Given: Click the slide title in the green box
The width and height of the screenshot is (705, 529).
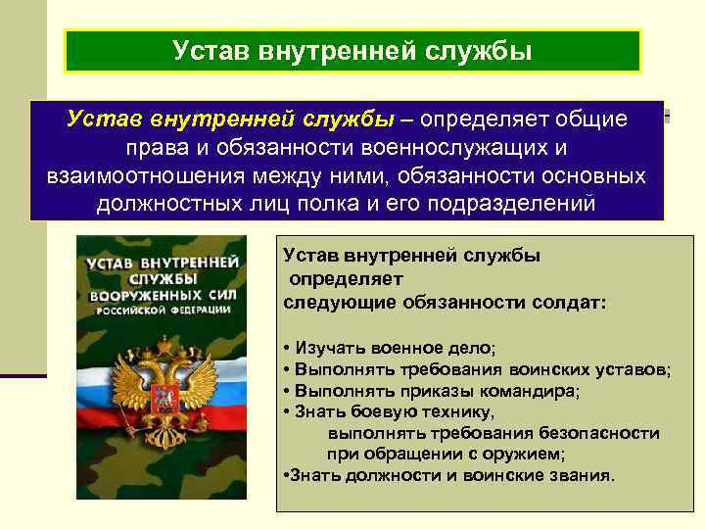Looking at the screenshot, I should coord(352,50).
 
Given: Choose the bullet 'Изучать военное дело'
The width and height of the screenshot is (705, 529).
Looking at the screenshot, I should coord(392,348).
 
